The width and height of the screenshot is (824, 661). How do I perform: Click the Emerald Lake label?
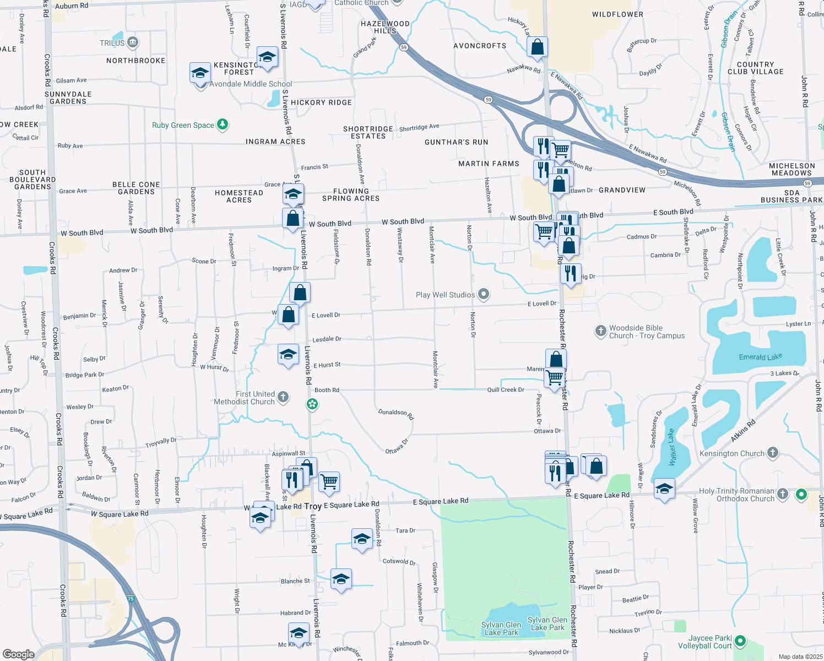click(760, 357)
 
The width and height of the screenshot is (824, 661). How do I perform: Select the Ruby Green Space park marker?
click(223, 124)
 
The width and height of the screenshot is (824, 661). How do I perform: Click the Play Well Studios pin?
click(484, 295)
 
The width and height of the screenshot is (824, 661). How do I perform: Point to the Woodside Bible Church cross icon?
click(600, 331)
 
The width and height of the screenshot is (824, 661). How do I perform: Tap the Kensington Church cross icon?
click(773, 453)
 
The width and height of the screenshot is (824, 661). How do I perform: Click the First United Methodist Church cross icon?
click(283, 397)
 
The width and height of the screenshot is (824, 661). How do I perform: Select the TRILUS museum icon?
click(132, 42)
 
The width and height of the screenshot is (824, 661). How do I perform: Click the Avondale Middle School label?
click(251, 84)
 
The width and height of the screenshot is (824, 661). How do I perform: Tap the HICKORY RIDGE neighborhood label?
click(321, 102)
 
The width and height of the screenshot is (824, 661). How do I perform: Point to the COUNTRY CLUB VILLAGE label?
click(755, 68)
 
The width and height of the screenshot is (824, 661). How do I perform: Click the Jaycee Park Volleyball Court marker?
click(740, 641)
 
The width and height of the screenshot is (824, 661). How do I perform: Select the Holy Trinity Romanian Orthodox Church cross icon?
click(782, 494)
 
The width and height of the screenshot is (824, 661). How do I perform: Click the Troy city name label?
click(312, 506)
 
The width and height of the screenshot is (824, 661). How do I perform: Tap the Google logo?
click(18, 654)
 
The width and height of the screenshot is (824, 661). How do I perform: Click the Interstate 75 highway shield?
click(130, 598)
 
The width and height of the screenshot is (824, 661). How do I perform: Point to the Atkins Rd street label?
click(743, 431)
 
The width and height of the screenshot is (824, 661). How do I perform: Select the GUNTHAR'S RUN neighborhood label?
click(456, 142)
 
